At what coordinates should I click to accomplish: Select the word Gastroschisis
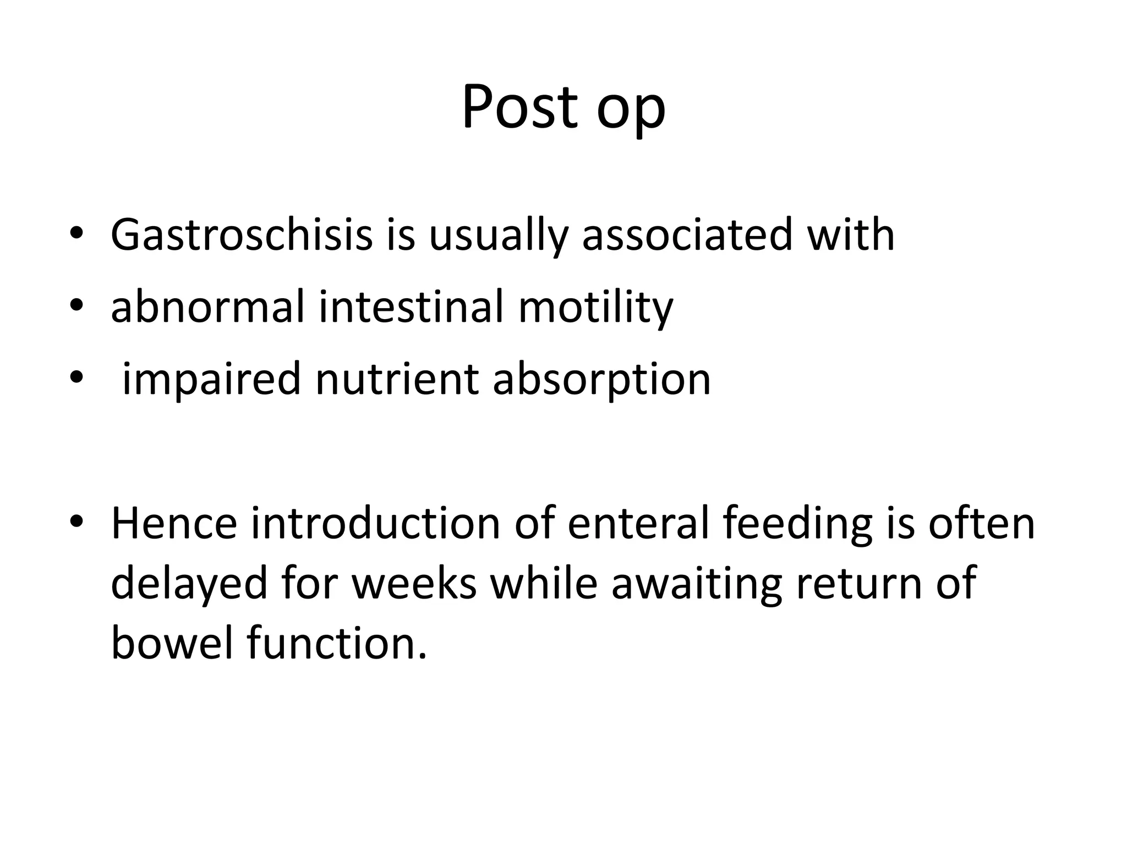pyautogui.click(x=242, y=235)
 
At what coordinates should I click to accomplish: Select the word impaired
pyautogui.click(x=211, y=380)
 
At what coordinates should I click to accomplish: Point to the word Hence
pyautogui.click(x=174, y=523)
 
